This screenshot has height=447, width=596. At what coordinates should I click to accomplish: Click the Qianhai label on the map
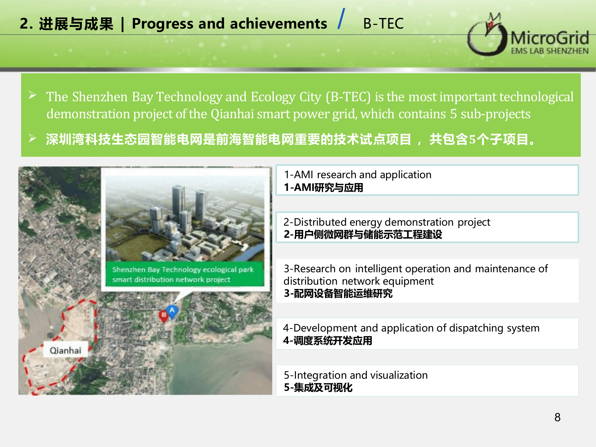65,350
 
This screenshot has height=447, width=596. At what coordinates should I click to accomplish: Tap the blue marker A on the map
172,311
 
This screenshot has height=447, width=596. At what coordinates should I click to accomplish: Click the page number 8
558,417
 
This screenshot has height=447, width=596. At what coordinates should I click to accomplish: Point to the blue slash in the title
341,19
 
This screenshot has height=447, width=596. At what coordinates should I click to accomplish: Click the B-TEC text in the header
383,24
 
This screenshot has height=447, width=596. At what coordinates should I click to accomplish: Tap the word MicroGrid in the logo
550,38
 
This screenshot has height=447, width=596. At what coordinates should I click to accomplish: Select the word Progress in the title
163,24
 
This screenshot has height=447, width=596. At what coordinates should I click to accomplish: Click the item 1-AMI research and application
358,174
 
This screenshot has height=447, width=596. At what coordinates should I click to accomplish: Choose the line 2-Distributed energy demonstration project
387,222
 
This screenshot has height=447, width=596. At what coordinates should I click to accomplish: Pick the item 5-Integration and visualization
356,375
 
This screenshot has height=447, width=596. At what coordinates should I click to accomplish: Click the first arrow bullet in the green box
33,95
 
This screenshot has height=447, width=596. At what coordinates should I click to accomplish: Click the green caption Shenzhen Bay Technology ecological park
183,269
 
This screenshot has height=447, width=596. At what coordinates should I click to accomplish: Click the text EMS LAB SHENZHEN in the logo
550,51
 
